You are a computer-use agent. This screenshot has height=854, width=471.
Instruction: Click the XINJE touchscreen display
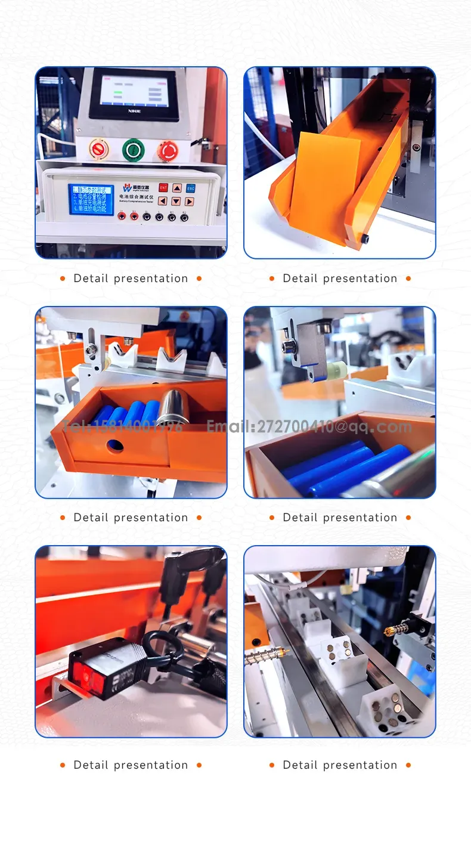[134, 94]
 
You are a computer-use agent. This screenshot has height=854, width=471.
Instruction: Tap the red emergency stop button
[168, 150]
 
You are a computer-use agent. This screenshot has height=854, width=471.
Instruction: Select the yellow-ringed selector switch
[97, 149]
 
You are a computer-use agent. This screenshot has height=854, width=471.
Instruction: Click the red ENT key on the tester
[163, 188]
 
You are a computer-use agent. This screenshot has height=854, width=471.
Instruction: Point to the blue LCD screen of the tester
[91, 199]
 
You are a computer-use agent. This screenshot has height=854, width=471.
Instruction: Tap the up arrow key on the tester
[176, 188]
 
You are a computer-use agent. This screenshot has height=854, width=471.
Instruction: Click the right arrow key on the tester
[189, 202]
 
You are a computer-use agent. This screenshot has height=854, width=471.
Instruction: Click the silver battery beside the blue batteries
[173, 407]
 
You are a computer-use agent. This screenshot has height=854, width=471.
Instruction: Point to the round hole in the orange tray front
[114, 445]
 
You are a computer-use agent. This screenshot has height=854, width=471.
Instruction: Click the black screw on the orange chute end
[365, 239]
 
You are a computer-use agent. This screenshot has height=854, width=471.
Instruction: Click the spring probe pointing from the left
[267, 656]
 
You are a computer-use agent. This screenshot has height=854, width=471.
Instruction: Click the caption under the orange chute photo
[340, 279]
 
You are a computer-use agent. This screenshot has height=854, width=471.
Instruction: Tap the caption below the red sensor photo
[131, 765]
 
